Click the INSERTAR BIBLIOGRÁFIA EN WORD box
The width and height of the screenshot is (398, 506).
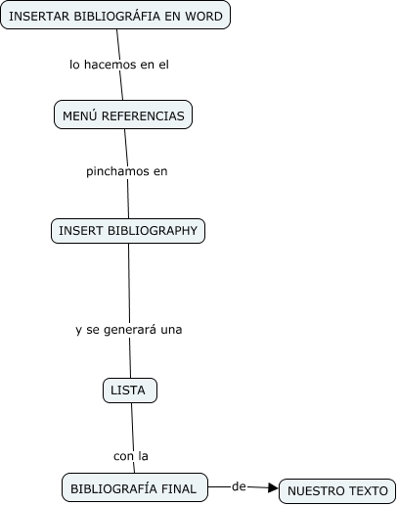tap(115, 15)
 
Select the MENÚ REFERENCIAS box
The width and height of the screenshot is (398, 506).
tap(123, 115)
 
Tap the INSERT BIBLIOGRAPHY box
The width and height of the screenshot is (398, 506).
tap(128, 231)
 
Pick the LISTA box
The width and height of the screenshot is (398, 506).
tap(130, 391)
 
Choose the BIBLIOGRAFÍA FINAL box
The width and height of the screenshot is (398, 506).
tap(135, 487)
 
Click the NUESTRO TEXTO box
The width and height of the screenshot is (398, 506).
tap(337, 491)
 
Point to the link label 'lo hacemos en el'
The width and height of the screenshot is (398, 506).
tap(119, 65)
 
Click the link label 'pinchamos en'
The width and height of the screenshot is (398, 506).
tap(127, 171)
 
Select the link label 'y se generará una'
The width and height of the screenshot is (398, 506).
tap(129, 330)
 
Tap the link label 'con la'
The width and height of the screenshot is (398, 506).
tap(131, 456)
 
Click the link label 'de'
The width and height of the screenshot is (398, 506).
tap(239, 486)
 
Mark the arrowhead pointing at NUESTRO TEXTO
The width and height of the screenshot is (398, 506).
tap(273, 488)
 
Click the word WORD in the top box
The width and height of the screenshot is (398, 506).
tap(203, 16)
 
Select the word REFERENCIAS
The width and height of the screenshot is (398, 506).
tap(143, 115)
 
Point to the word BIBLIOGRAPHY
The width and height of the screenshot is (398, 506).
tap(153, 231)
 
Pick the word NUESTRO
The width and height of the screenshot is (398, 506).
tap(310, 491)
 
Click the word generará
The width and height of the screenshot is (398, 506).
tap(130, 330)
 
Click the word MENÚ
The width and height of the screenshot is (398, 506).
tap(80, 115)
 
